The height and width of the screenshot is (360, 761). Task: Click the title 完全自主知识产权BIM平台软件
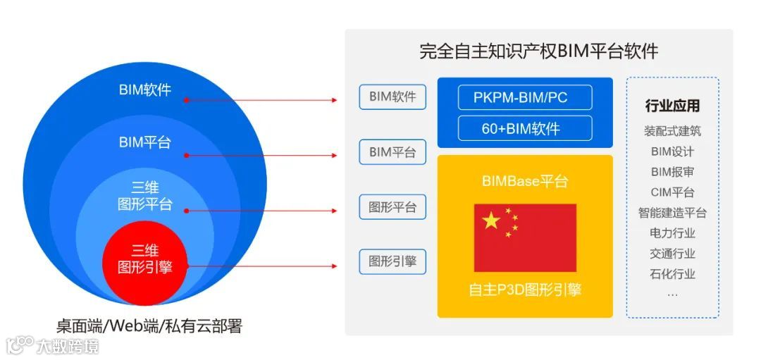click(538, 52)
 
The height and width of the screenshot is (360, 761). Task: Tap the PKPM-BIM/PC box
click(524, 97)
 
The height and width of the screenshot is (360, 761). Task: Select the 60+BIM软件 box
click(524, 128)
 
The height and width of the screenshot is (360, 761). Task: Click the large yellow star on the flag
click(492, 221)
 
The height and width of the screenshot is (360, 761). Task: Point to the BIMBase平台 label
click(525, 181)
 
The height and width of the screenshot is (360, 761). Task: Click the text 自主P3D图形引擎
click(525, 290)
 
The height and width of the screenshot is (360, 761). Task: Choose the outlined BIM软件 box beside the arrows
click(392, 97)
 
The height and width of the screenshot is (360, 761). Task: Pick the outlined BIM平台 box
click(392, 151)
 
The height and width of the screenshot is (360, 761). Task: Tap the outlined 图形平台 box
click(392, 207)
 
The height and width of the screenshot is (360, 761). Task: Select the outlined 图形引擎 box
click(392, 262)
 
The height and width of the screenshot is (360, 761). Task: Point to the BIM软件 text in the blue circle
click(144, 90)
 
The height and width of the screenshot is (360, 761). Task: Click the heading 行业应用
click(672, 106)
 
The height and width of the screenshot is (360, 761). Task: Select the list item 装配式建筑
click(672, 131)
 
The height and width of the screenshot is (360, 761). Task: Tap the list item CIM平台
click(672, 192)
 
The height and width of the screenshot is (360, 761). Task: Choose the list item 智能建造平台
click(672, 213)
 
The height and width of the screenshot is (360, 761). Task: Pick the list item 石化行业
click(672, 274)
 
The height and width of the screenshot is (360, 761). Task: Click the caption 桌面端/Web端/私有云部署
click(149, 326)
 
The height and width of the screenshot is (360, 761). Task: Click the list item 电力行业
click(672, 233)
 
